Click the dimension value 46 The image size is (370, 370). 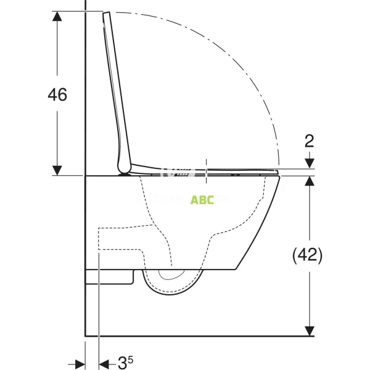click(x=57, y=94)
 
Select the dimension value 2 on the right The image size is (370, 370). click(x=309, y=141)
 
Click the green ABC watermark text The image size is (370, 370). click(x=202, y=200)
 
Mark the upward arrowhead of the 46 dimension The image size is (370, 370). click(x=57, y=17)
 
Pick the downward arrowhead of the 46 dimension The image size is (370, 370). click(x=57, y=170)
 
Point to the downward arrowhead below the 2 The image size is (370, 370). click(x=309, y=164)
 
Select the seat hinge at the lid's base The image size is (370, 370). click(x=126, y=171)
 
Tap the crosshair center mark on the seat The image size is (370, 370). click(x=207, y=171)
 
